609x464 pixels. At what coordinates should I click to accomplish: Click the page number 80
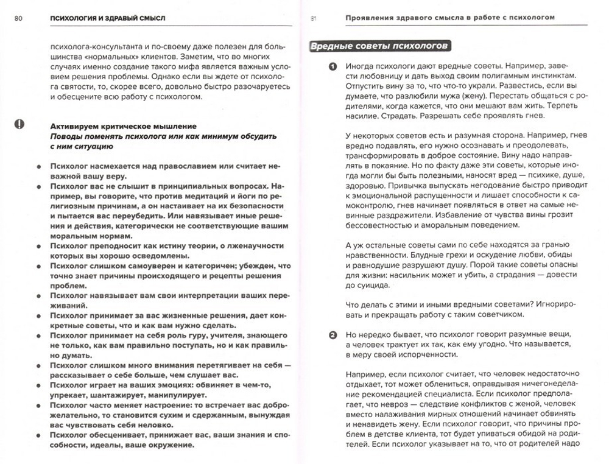pyautogui.click(x=18, y=18)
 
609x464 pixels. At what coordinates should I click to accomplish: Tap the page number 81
pyautogui.click(x=314, y=18)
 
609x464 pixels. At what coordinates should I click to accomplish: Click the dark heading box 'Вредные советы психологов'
pyautogui.click(x=379, y=47)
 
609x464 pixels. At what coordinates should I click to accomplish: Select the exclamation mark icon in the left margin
pyautogui.click(x=19, y=124)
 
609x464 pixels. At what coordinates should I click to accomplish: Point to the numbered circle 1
pyautogui.click(x=315, y=66)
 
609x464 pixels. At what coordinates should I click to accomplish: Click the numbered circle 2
pyautogui.click(x=315, y=335)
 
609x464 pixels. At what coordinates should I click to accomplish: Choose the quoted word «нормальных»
pyautogui.click(x=107, y=55)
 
